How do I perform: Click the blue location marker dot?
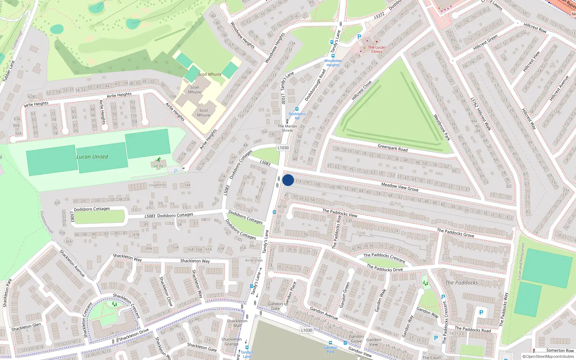(x=288, y=180)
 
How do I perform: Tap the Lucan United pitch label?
(x=92, y=157)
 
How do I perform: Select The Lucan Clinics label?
(x=377, y=49)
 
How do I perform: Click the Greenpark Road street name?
(x=392, y=148)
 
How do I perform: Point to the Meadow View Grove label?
(x=400, y=187)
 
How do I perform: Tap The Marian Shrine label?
(x=287, y=128)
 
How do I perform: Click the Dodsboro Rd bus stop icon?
(x=297, y=109)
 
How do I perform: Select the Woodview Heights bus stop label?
(x=333, y=63)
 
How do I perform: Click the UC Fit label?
(x=158, y=166)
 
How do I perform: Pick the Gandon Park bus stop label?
(x=330, y=349)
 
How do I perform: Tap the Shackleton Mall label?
(x=237, y=323)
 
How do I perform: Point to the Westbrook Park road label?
(x=442, y=127)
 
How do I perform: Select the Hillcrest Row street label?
(x=535, y=28)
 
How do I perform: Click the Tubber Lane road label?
(x=9, y=71)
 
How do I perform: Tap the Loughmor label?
(x=157, y=185)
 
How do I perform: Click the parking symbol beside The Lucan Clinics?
(x=359, y=37)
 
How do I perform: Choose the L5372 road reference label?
(x=379, y=15)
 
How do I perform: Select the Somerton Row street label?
(x=560, y=350)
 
